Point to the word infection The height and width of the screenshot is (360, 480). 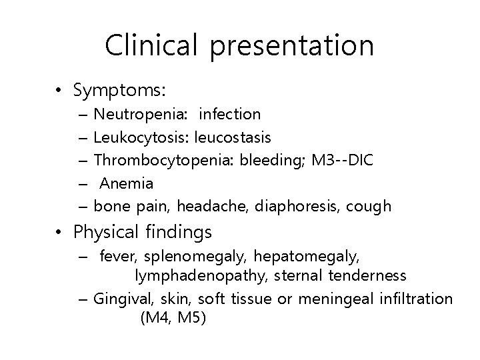[230, 115]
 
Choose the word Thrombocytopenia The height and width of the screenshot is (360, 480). [159, 161]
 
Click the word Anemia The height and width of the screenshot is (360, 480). [127, 183]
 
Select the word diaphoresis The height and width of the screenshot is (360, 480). [296, 206]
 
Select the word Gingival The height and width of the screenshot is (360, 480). [121, 299]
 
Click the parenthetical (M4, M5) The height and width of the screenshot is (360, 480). [173, 318]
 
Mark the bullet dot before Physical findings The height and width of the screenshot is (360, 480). [61, 233]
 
